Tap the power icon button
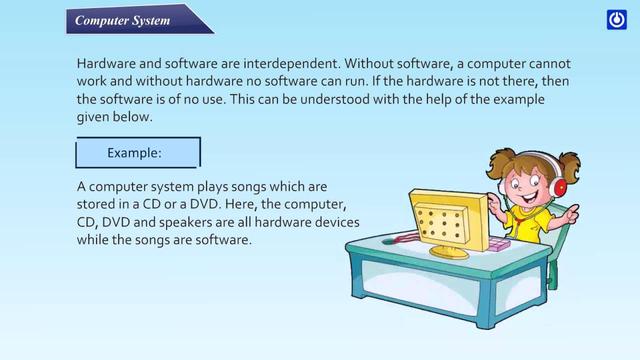point(616,20)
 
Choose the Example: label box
point(138,153)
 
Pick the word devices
point(334,223)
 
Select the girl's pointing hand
point(570,211)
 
